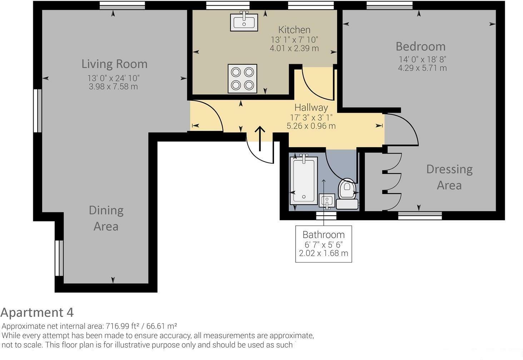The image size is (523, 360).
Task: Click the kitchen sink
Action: tap(244, 21)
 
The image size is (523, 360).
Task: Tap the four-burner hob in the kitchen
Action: tap(242, 79)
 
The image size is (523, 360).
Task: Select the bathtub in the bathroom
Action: tap(304, 180)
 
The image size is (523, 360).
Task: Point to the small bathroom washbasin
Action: tap(328, 201)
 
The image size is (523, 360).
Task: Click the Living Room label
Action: tap(114, 64)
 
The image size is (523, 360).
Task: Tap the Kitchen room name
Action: tap(294, 30)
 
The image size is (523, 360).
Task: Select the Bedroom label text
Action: tap(420, 46)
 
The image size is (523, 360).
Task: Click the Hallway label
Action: tap(311, 107)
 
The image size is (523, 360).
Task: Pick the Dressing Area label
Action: tap(449, 177)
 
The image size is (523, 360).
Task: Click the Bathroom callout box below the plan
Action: tap(323, 244)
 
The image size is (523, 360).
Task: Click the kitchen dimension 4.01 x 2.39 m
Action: tap(294, 48)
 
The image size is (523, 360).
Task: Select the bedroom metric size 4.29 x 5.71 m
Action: tap(422, 68)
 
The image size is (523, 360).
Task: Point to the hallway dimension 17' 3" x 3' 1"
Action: tap(311, 117)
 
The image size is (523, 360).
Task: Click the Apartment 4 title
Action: tap(37, 312)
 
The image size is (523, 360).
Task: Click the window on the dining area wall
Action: tap(59, 258)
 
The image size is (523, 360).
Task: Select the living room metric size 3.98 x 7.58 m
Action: tap(113, 86)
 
